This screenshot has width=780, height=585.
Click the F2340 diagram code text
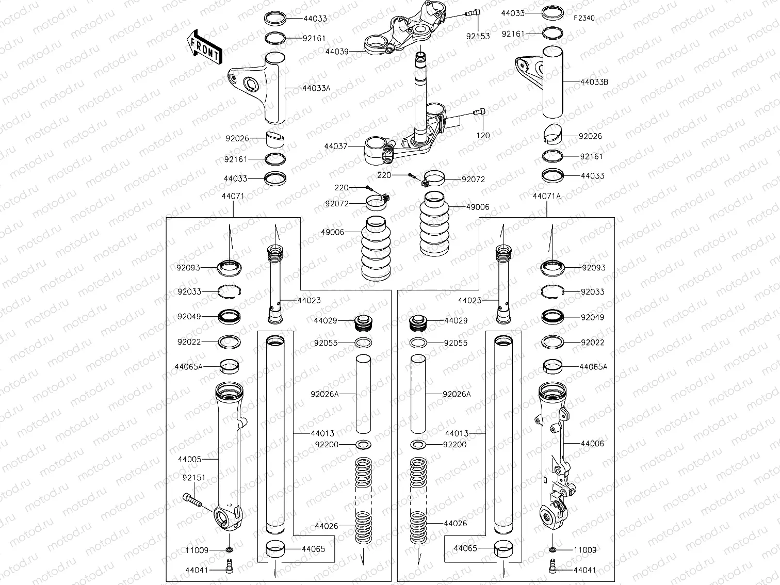(x=584, y=18)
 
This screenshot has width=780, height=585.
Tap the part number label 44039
(x=337, y=52)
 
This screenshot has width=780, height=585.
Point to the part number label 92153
(x=478, y=37)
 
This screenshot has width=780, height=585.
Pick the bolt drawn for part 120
(x=479, y=112)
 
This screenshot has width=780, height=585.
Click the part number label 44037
(x=336, y=147)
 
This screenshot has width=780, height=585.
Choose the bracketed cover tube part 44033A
(x=263, y=88)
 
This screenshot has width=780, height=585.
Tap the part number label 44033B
(x=594, y=82)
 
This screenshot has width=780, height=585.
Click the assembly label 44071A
(x=546, y=196)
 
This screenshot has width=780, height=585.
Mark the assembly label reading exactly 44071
(x=233, y=196)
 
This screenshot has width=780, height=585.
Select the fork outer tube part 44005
(x=227, y=454)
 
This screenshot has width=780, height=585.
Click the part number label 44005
(x=189, y=459)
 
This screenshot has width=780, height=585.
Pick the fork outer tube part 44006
(x=552, y=454)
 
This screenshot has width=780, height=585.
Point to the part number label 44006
(x=592, y=444)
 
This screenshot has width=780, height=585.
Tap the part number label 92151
(x=193, y=478)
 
